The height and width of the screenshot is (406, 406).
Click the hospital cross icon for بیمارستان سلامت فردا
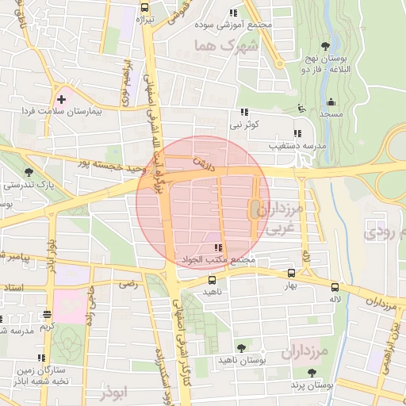61,98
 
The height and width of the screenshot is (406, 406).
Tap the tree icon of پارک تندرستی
29,171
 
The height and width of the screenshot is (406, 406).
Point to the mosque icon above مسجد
331,101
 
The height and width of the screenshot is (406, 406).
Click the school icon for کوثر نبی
245,112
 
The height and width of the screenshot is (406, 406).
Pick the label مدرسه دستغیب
297,146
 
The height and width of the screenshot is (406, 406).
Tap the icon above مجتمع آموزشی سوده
233,13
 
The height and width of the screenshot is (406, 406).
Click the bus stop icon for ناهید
212,280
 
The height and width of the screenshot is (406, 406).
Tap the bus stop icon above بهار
292,274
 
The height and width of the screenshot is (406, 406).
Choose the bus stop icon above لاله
335,288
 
